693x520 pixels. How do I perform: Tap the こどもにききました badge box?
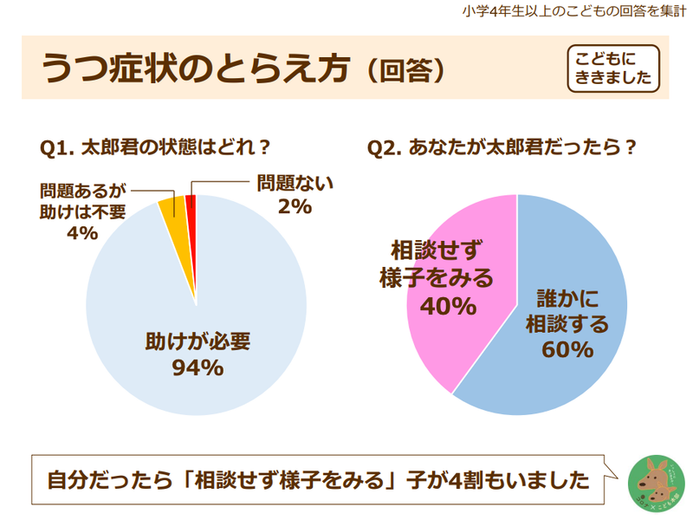613,68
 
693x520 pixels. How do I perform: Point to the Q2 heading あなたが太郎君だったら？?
503,148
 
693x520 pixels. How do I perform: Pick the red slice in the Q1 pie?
191,205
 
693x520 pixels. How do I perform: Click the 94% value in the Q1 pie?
198,367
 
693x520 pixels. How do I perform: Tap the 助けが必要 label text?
198,341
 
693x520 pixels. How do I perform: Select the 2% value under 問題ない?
295,206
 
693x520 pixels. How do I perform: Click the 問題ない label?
295,184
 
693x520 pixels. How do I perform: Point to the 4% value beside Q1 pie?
82,232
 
